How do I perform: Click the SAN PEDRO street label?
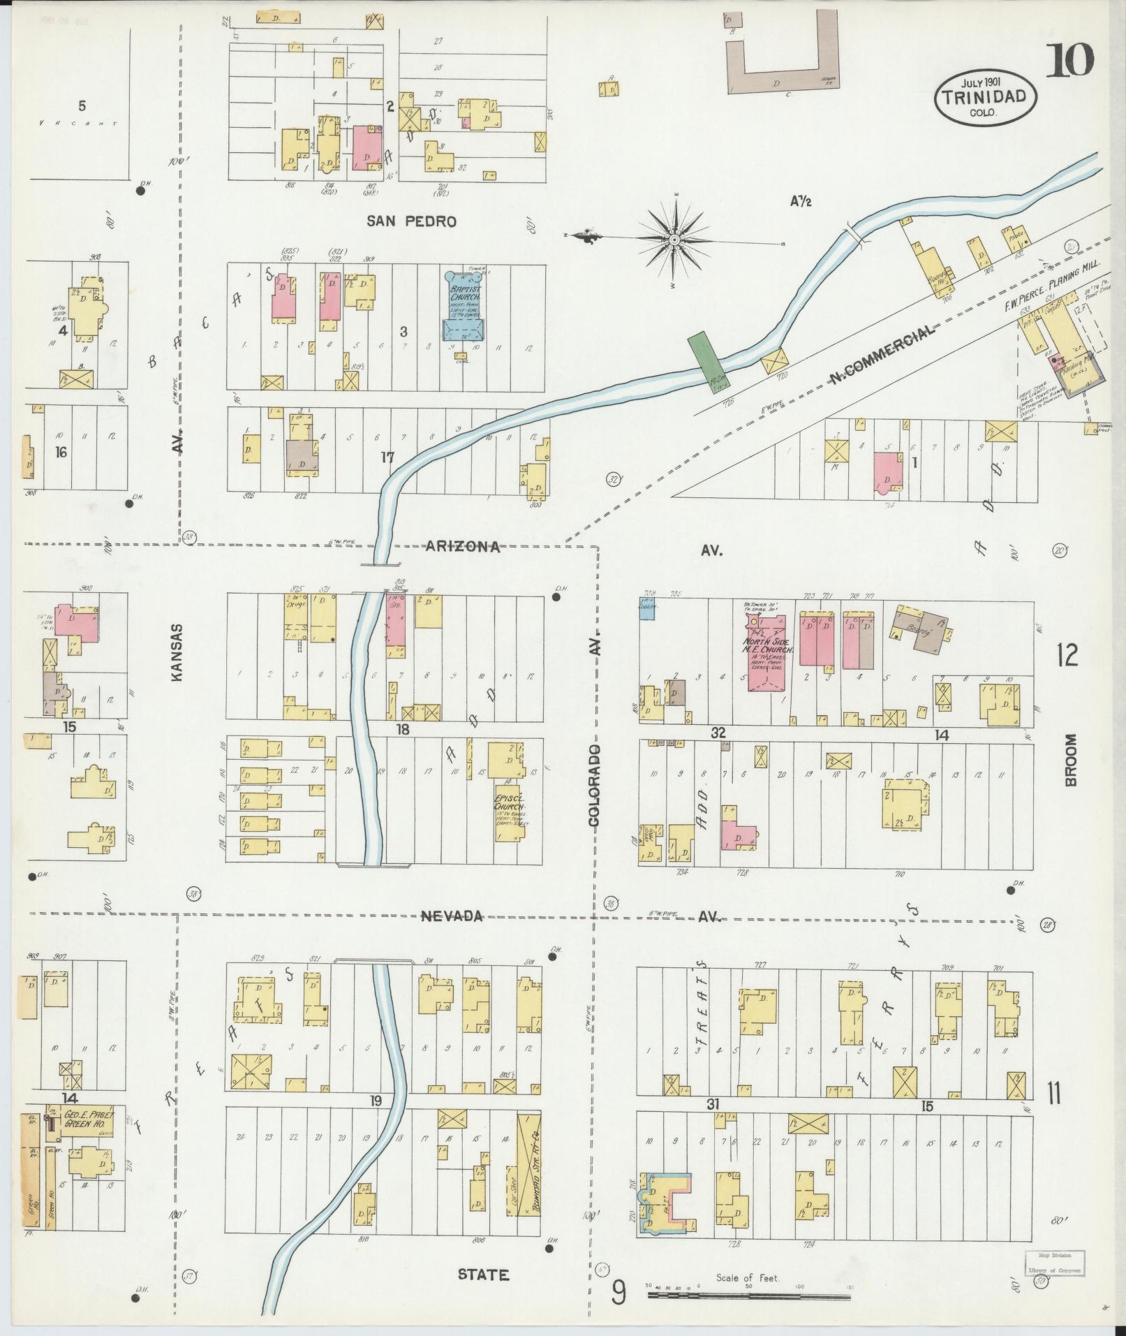(x=412, y=221)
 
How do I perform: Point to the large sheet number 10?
(x=1069, y=61)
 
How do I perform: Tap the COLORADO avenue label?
(x=594, y=786)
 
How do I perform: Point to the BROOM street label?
(x=1072, y=759)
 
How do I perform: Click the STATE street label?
(x=483, y=1275)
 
